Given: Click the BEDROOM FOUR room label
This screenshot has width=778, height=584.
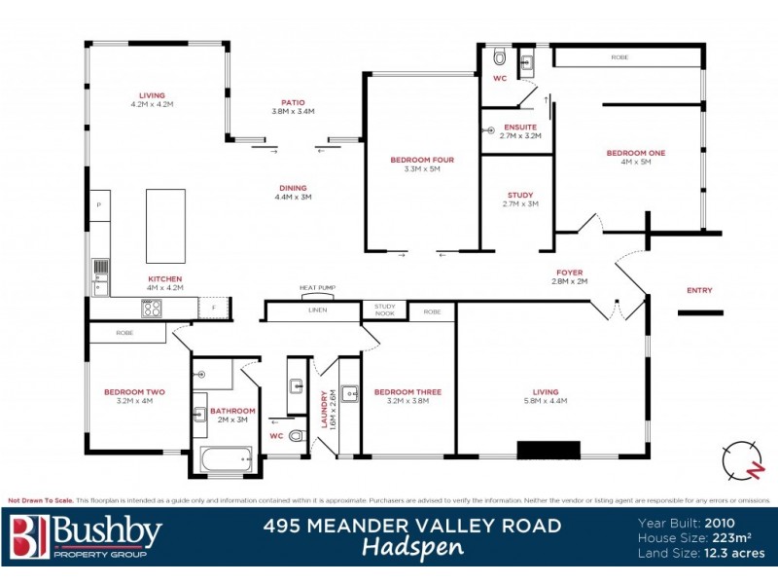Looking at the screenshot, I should (x=422, y=160).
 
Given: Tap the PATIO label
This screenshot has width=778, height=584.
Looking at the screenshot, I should (x=294, y=101).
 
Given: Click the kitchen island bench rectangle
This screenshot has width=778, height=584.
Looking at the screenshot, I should (x=165, y=226).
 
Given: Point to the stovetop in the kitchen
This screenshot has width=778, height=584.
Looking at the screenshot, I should (x=152, y=309).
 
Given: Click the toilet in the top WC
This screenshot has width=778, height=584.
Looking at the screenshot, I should (x=500, y=56).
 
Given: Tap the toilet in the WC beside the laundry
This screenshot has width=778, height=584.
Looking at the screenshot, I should (x=296, y=438).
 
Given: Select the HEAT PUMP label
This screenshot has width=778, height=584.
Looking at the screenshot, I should (x=317, y=288).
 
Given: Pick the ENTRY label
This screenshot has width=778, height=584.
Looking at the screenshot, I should (x=699, y=290).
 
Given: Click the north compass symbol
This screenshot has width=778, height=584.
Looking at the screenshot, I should (x=743, y=460).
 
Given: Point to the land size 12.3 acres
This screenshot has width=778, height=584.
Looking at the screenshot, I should (x=735, y=552).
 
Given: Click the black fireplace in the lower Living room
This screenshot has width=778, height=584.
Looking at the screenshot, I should (x=548, y=450).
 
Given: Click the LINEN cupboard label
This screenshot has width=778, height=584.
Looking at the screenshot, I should (x=318, y=311).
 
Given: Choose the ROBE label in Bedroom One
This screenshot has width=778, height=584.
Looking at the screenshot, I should (x=619, y=57).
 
